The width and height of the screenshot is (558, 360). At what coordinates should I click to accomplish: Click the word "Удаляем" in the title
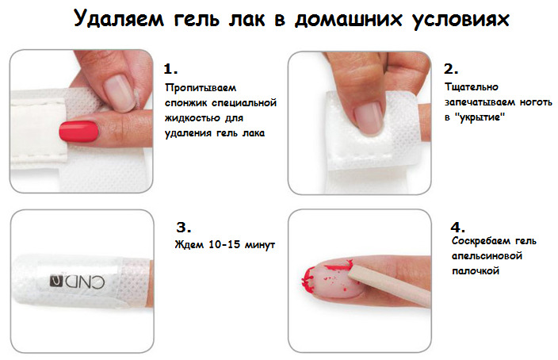tap(119, 18)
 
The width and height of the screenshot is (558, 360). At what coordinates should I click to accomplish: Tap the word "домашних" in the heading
tap(348, 19)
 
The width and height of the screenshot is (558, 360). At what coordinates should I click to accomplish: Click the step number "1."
tap(170, 69)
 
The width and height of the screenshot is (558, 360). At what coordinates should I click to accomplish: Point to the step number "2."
tap(451, 69)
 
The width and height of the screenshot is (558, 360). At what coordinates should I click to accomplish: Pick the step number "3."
tap(184, 228)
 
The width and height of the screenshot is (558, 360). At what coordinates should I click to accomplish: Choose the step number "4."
tap(457, 228)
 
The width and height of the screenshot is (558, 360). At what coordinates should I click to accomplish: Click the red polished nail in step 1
tap(78, 132)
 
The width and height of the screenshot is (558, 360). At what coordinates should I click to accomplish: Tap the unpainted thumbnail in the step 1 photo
tap(120, 93)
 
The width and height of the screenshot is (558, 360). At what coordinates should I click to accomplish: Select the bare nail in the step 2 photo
tap(369, 117)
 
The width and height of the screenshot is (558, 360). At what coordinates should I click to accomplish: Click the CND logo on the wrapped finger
tap(77, 281)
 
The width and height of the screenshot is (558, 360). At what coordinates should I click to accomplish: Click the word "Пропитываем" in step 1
tap(201, 88)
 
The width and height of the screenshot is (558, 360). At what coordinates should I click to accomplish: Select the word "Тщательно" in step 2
tap(471, 87)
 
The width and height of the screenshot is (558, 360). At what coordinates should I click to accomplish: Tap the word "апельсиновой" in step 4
tap(487, 256)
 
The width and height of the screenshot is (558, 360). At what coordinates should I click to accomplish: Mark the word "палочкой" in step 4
tap(476, 271)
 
